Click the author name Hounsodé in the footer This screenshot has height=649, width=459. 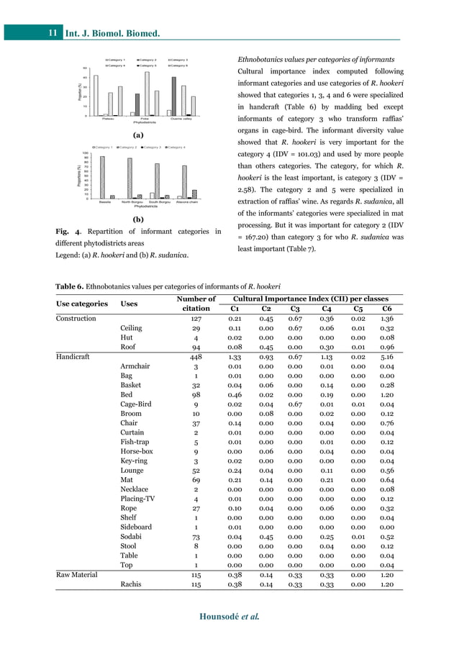tap(217, 617)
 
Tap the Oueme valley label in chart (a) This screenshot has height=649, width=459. tap(181, 118)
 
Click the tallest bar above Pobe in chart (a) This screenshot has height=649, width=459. tap(147, 93)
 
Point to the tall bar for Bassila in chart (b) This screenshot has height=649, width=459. tap(102, 177)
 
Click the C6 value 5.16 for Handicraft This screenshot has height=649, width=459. tap(386, 355)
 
